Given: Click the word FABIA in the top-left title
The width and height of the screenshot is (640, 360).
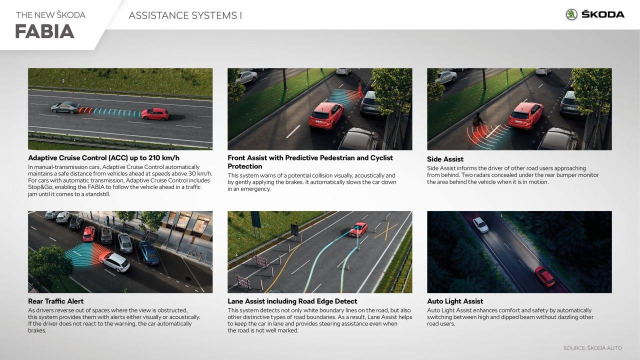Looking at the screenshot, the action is pos(44,31).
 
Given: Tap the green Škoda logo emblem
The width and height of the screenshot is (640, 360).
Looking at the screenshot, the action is pos(571,14).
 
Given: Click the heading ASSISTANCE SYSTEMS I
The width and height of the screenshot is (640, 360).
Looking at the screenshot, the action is pos(185,15).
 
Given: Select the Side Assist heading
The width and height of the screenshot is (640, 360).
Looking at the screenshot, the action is pos(445,159).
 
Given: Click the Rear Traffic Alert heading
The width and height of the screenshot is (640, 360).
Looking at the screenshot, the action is pos(55,301).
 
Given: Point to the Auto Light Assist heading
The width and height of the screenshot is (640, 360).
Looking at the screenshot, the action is pos(455,301).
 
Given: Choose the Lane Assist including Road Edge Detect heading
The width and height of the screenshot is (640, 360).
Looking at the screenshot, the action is pos(292,301).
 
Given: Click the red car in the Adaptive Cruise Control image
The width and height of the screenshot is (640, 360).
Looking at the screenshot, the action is pos(154,114).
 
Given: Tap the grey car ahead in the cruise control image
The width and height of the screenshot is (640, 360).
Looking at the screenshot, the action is pos(65,107).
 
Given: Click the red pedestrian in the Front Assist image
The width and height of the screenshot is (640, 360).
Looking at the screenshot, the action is pos(360,88).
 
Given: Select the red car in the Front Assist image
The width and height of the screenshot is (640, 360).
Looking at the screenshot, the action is pos(325,115).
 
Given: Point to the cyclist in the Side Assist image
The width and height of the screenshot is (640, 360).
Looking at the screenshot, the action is pos(478,120).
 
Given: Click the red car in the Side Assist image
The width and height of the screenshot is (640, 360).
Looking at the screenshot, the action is pos(525,115).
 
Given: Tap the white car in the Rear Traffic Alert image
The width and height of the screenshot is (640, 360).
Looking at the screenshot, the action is pos(115,262).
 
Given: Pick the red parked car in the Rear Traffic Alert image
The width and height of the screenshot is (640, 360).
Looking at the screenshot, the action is pos(89,234).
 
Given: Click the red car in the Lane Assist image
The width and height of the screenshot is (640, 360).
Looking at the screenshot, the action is pos(358,229).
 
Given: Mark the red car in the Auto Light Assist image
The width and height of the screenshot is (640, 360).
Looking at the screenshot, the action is pos(545,276).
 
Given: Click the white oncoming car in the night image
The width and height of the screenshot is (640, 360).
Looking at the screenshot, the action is pos(480,225).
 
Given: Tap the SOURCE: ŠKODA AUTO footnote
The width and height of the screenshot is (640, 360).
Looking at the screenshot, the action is pos(592,348).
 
